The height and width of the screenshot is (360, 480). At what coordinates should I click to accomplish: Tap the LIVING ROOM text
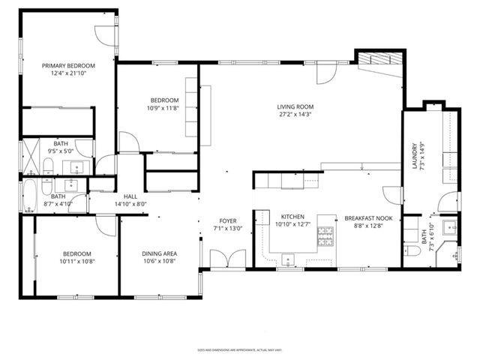click(x=294, y=107)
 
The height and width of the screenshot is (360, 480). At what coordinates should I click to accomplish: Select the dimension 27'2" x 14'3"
click(x=294, y=115)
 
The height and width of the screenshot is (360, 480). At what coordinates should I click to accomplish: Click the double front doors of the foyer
click(x=222, y=259)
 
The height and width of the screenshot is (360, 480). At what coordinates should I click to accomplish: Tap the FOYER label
click(x=228, y=220)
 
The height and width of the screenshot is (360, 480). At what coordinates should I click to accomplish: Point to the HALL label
click(x=130, y=196)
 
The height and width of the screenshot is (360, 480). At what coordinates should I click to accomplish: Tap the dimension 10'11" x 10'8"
click(x=76, y=261)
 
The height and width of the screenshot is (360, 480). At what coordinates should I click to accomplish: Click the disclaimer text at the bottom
click(x=239, y=349)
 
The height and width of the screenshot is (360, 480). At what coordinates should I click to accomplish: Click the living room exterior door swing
click(x=327, y=72)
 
